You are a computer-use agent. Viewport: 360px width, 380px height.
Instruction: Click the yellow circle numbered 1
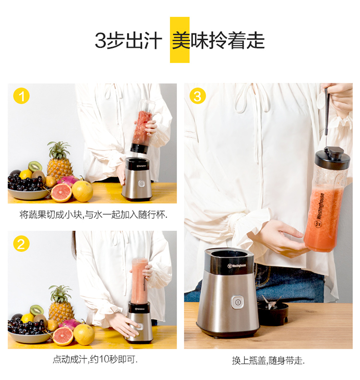pos(21,96)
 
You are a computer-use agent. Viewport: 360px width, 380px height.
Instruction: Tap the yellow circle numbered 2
pos(21,244)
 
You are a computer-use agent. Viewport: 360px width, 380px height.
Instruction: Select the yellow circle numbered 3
pos(198,96)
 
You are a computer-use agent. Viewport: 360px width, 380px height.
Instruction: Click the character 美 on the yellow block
pos(180,40)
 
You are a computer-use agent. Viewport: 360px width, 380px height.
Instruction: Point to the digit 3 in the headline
pos(100,40)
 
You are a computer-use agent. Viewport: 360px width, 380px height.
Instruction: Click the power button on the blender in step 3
pos(237,302)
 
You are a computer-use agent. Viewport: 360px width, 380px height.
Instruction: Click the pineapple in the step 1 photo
pos(60,160)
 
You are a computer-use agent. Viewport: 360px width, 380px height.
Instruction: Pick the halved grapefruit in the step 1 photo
pos(61,193)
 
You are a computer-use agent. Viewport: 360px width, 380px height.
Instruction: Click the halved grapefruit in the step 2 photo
pos(63,336)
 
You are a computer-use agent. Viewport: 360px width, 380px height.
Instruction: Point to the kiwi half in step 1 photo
pos(35,166)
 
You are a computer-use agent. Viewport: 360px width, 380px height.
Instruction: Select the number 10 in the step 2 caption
pos(104,359)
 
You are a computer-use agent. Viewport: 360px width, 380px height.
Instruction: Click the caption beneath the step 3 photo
pos(268,361)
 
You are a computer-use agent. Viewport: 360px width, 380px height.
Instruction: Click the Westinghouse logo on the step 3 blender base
pos(237,266)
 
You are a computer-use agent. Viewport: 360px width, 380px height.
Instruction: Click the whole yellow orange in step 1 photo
pos(82,191)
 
